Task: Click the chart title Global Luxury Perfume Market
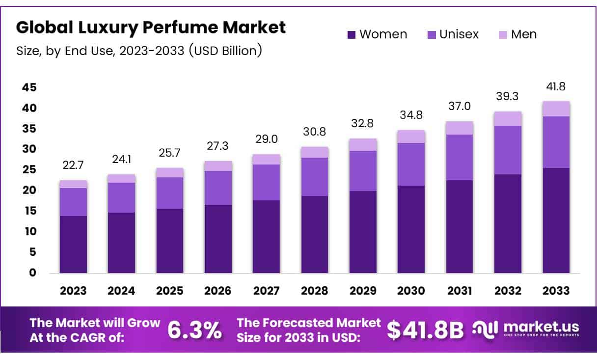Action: coord(151,28)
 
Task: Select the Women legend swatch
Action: coord(352,35)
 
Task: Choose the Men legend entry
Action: coord(517,34)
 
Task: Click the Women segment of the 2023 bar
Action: coord(73,244)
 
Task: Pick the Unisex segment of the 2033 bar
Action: coord(556,142)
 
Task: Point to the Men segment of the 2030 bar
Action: coord(411,137)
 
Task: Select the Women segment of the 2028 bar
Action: coord(315,234)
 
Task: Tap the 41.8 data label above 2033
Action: coord(556,87)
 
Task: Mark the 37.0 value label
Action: coord(460,107)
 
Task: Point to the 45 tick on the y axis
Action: coord(29,87)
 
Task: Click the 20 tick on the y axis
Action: coord(29,191)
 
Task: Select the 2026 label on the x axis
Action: coord(218,291)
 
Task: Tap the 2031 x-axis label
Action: coord(460,291)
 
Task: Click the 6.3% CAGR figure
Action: coord(194,330)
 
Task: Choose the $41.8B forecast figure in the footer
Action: coord(425,330)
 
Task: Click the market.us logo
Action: coord(526,329)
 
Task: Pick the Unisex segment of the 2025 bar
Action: coord(170,193)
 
